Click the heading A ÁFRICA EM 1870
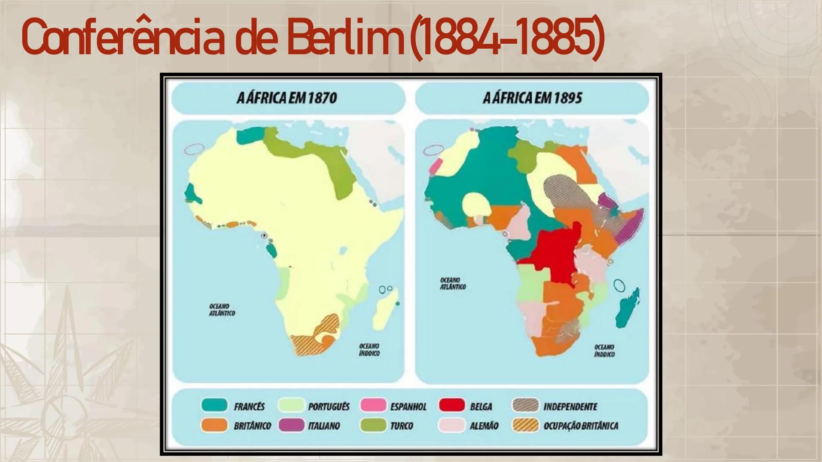point(287,98)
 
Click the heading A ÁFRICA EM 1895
point(532,98)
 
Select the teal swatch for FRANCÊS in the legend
point(214,405)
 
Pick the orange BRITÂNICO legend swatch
point(214,425)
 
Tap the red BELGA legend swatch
point(452,405)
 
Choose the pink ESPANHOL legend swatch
point(373,405)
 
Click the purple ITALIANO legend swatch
point(291,425)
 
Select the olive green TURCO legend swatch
point(373,425)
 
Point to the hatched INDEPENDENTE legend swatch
point(525,405)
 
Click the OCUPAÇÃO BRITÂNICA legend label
point(581,426)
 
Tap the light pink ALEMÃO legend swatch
point(452,425)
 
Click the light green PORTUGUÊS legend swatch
point(291,405)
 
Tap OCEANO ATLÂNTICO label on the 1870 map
point(222,310)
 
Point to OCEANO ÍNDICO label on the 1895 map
point(604,351)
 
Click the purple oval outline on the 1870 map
point(194,149)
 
